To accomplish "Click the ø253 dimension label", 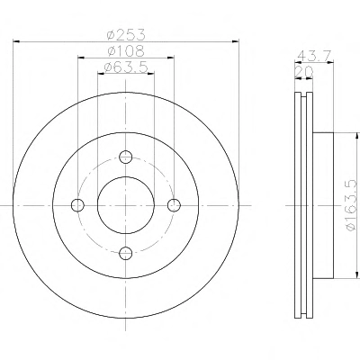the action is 126,34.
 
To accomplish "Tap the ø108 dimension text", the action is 126,50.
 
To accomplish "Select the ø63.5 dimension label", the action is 126,67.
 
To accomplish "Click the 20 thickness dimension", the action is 304,72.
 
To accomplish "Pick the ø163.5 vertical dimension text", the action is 352,205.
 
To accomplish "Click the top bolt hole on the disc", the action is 126,157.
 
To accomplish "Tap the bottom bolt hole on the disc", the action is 126,253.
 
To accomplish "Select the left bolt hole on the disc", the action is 77,205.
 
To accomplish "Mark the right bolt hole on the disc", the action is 174,205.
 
